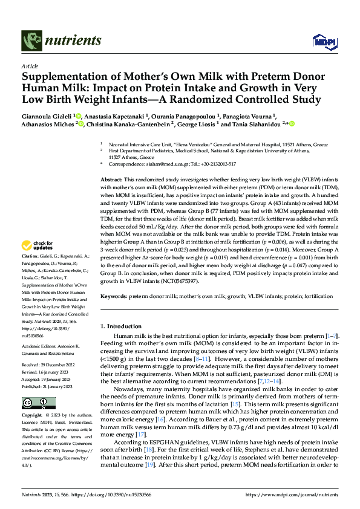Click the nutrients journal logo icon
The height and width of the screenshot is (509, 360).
tap(31, 41)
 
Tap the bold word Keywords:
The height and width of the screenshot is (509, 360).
tap(114, 296)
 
